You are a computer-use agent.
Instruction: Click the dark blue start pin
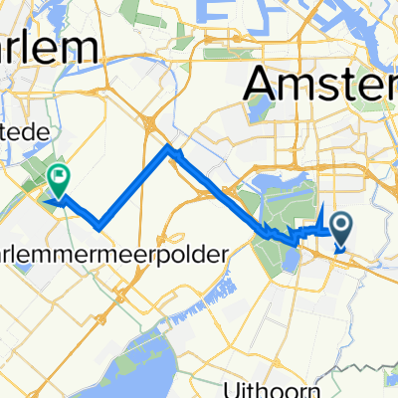point(342,228)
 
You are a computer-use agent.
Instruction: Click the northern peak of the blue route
point(170,150)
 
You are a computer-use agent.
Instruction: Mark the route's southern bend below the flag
point(99,222)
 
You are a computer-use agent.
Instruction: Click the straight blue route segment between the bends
point(134,186)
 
